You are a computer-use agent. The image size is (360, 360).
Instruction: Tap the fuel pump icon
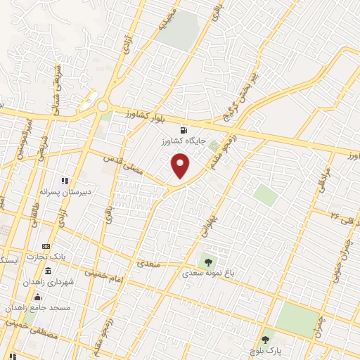click(184, 129)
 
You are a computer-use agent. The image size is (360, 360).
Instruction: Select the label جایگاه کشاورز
click(184, 141)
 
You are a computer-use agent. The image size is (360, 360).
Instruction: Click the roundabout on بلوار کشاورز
click(103, 106)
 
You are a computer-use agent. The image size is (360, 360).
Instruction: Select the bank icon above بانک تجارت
click(46, 247)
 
